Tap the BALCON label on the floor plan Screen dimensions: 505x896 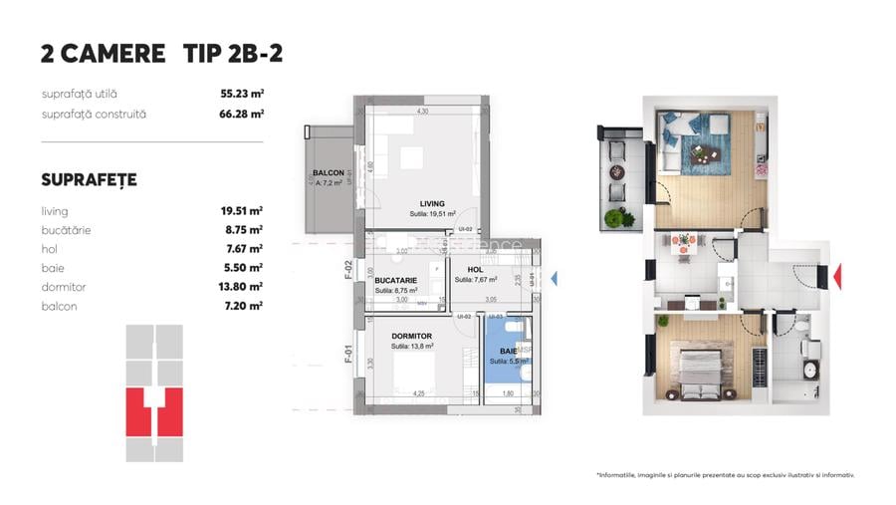coord(328,173)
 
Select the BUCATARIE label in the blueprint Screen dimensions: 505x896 coord(395,281)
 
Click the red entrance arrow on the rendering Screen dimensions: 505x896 coord(837,274)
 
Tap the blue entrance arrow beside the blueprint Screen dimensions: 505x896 coord(555,280)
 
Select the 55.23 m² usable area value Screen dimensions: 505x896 coord(241,94)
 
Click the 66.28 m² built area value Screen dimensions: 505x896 coord(241,114)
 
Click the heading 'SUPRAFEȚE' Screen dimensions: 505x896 coord(89,180)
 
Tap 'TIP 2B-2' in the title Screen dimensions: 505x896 coord(233,54)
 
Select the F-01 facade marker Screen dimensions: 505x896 coord(349,354)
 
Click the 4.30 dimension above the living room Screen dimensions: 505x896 coord(422,112)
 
